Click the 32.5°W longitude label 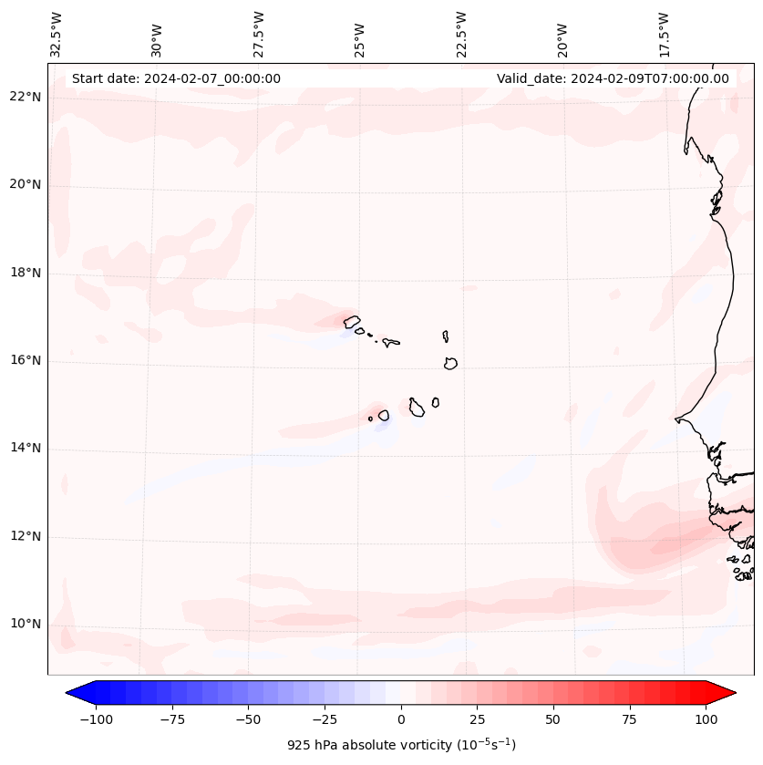(x=57, y=35)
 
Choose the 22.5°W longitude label (x=461, y=35)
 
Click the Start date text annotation (x=176, y=78)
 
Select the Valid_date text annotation (x=613, y=78)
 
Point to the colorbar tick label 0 (x=401, y=719)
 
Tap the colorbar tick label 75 (x=629, y=719)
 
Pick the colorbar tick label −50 (x=247, y=719)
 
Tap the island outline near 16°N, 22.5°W (x=450, y=363)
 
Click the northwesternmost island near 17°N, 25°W (x=352, y=321)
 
